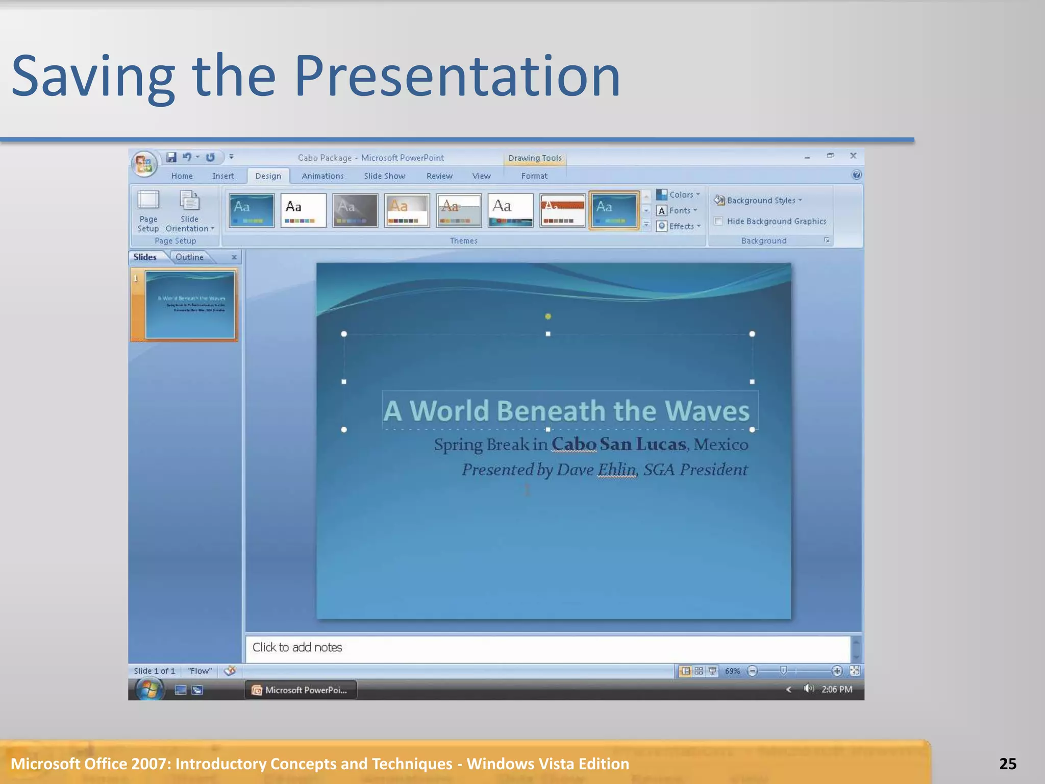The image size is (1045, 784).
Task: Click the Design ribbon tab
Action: click(x=268, y=176)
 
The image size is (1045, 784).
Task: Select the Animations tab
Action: click(x=322, y=176)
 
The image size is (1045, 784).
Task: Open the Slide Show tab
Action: click(x=384, y=176)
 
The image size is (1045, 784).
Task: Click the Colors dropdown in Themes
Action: click(x=679, y=194)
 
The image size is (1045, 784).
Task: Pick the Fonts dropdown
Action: click(x=678, y=210)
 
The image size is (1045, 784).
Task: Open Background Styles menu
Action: click(x=758, y=200)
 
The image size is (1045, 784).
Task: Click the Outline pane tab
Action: click(x=189, y=257)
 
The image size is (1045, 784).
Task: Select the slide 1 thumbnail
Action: click(x=190, y=305)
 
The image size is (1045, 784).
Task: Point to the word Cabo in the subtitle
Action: click(x=574, y=444)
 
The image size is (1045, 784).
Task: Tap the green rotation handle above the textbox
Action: click(x=548, y=316)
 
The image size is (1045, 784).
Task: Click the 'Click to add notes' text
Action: click(x=297, y=647)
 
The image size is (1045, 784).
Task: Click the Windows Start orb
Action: click(x=149, y=690)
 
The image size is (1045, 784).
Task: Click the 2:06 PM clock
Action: click(x=836, y=690)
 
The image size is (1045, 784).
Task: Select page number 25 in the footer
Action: click(x=1008, y=764)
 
